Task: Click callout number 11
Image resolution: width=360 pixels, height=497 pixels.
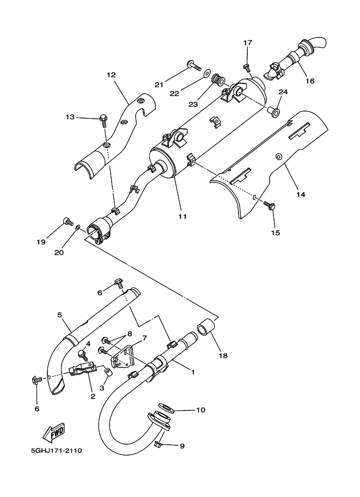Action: click(182, 216)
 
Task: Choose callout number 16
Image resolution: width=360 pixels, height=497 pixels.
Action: click(309, 82)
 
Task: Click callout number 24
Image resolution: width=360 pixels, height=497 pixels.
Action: click(283, 91)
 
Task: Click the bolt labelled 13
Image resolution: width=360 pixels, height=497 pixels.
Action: click(102, 118)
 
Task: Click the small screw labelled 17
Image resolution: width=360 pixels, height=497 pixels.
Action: click(246, 67)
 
